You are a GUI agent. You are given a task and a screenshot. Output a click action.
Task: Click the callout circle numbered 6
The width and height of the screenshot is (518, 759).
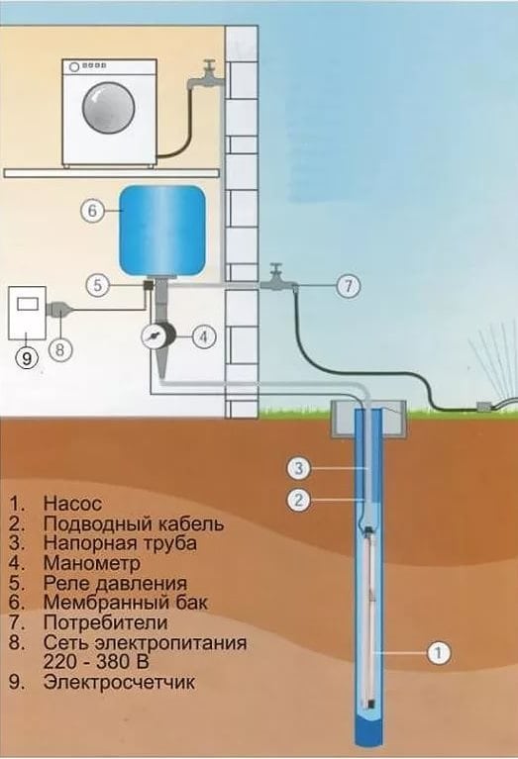(92, 211)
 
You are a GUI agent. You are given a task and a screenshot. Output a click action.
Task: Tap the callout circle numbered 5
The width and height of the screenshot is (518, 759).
(98, 285)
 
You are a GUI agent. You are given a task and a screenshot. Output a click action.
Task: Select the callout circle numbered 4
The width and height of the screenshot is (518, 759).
(203, 335)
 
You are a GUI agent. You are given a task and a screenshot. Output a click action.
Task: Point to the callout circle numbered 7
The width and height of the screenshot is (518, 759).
(349, 286)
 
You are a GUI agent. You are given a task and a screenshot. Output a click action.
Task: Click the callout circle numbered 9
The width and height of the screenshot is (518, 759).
(27, 357)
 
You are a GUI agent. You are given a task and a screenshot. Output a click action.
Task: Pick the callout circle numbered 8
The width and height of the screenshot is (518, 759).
(60, 348)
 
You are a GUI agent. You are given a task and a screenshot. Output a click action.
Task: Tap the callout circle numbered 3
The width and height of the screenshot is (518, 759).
(299, 469)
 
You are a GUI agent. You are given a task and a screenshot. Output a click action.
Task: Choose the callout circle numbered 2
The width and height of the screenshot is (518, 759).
(299, 499)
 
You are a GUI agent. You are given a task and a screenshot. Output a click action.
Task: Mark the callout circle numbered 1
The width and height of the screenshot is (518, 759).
(439, 653)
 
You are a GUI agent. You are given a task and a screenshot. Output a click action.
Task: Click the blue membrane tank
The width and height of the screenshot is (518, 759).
(162, 231)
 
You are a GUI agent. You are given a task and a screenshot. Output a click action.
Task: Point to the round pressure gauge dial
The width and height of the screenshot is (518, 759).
(154, 334)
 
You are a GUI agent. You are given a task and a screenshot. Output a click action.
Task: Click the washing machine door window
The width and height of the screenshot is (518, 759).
(108, 107)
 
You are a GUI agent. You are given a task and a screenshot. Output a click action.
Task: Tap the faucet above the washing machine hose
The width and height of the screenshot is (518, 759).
(205, 75)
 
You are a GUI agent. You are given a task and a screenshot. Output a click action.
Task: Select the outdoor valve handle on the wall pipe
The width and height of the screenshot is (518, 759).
(276, 268)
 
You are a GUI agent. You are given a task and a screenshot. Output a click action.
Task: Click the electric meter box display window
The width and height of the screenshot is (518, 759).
(28, 304)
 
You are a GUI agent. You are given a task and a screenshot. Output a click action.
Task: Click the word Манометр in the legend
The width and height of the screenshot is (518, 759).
(91, 562)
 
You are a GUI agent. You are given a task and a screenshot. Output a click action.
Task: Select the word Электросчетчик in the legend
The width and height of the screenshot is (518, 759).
(119, 682)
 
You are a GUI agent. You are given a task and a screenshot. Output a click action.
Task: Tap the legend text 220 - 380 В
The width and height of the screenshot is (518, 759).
(96, 661)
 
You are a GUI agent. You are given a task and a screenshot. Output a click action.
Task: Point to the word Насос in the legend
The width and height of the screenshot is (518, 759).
(72, 504)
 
